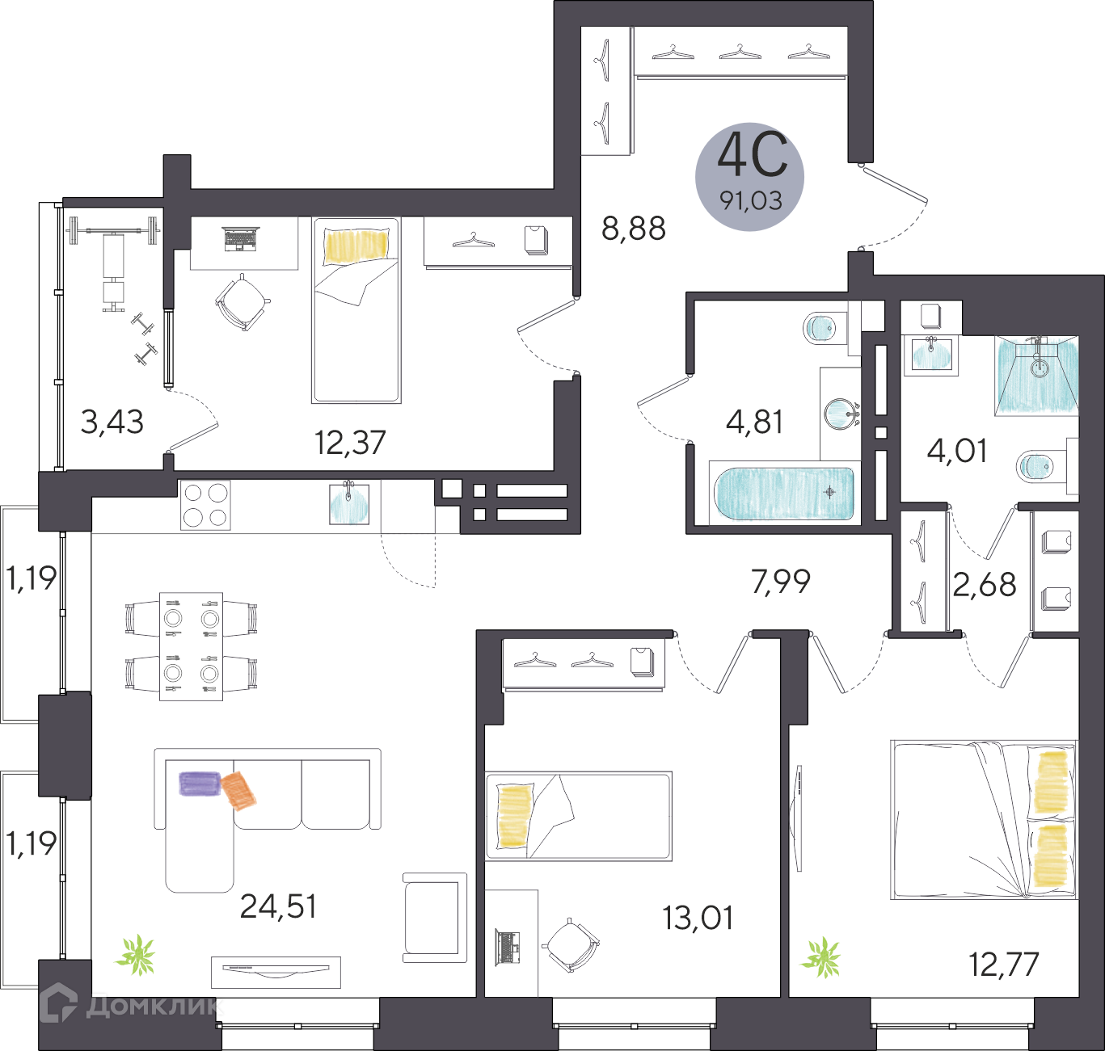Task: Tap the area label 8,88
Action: (634, 229)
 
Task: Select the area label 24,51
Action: (279, 906)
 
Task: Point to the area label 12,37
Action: (350, 442)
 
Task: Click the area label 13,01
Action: (698, 918)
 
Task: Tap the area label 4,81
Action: (755, 422)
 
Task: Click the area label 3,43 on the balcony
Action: (112, 422)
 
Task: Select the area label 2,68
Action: (985, 584)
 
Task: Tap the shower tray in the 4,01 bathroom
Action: (1038, 376)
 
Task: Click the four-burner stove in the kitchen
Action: (205, 505)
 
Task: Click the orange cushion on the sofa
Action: (239, 790)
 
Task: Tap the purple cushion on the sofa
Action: (200, 783)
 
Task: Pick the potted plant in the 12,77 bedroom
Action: (822, 959)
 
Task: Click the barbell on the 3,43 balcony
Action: (112, 231)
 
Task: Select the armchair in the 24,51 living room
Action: (435, 918)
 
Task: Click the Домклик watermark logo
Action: (129, 1006)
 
